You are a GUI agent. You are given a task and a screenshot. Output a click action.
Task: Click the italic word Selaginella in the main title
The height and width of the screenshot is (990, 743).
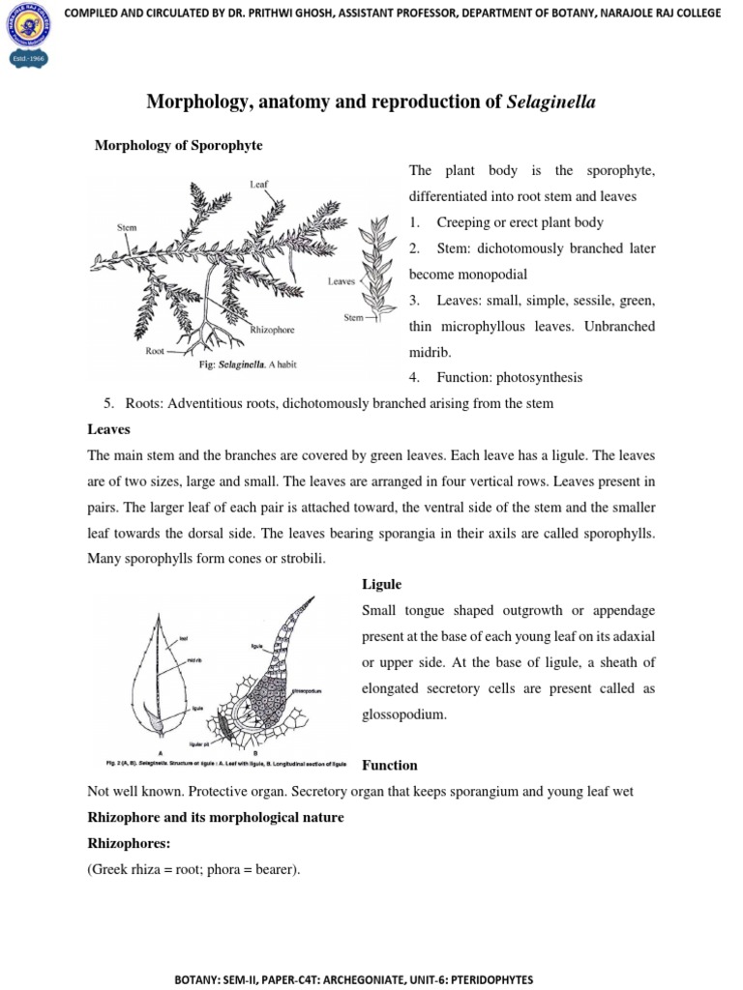point(550,102)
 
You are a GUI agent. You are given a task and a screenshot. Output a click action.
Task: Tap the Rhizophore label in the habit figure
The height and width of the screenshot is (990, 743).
point(272,330)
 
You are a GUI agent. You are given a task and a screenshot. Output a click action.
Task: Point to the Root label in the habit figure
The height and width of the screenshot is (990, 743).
point(155,352)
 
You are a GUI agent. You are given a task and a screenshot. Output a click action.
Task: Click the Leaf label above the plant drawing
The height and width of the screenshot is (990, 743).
point(259,183)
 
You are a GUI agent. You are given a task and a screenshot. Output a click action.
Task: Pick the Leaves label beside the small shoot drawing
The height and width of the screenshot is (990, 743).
point(342,282)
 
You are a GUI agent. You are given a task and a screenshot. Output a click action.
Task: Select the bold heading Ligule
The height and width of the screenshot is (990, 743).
point(381,585)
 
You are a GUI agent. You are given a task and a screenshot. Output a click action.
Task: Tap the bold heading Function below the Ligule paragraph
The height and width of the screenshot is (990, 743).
point(389,765)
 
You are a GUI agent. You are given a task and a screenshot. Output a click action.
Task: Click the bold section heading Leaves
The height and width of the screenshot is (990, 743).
point(108,428)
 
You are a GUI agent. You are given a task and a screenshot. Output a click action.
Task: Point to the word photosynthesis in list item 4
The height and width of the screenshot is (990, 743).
point(538,377)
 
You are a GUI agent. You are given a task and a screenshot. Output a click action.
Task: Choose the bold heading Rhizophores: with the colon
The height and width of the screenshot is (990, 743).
point(129,843)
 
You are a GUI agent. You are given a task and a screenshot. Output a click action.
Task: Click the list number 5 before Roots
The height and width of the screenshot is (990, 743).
point(105,403)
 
